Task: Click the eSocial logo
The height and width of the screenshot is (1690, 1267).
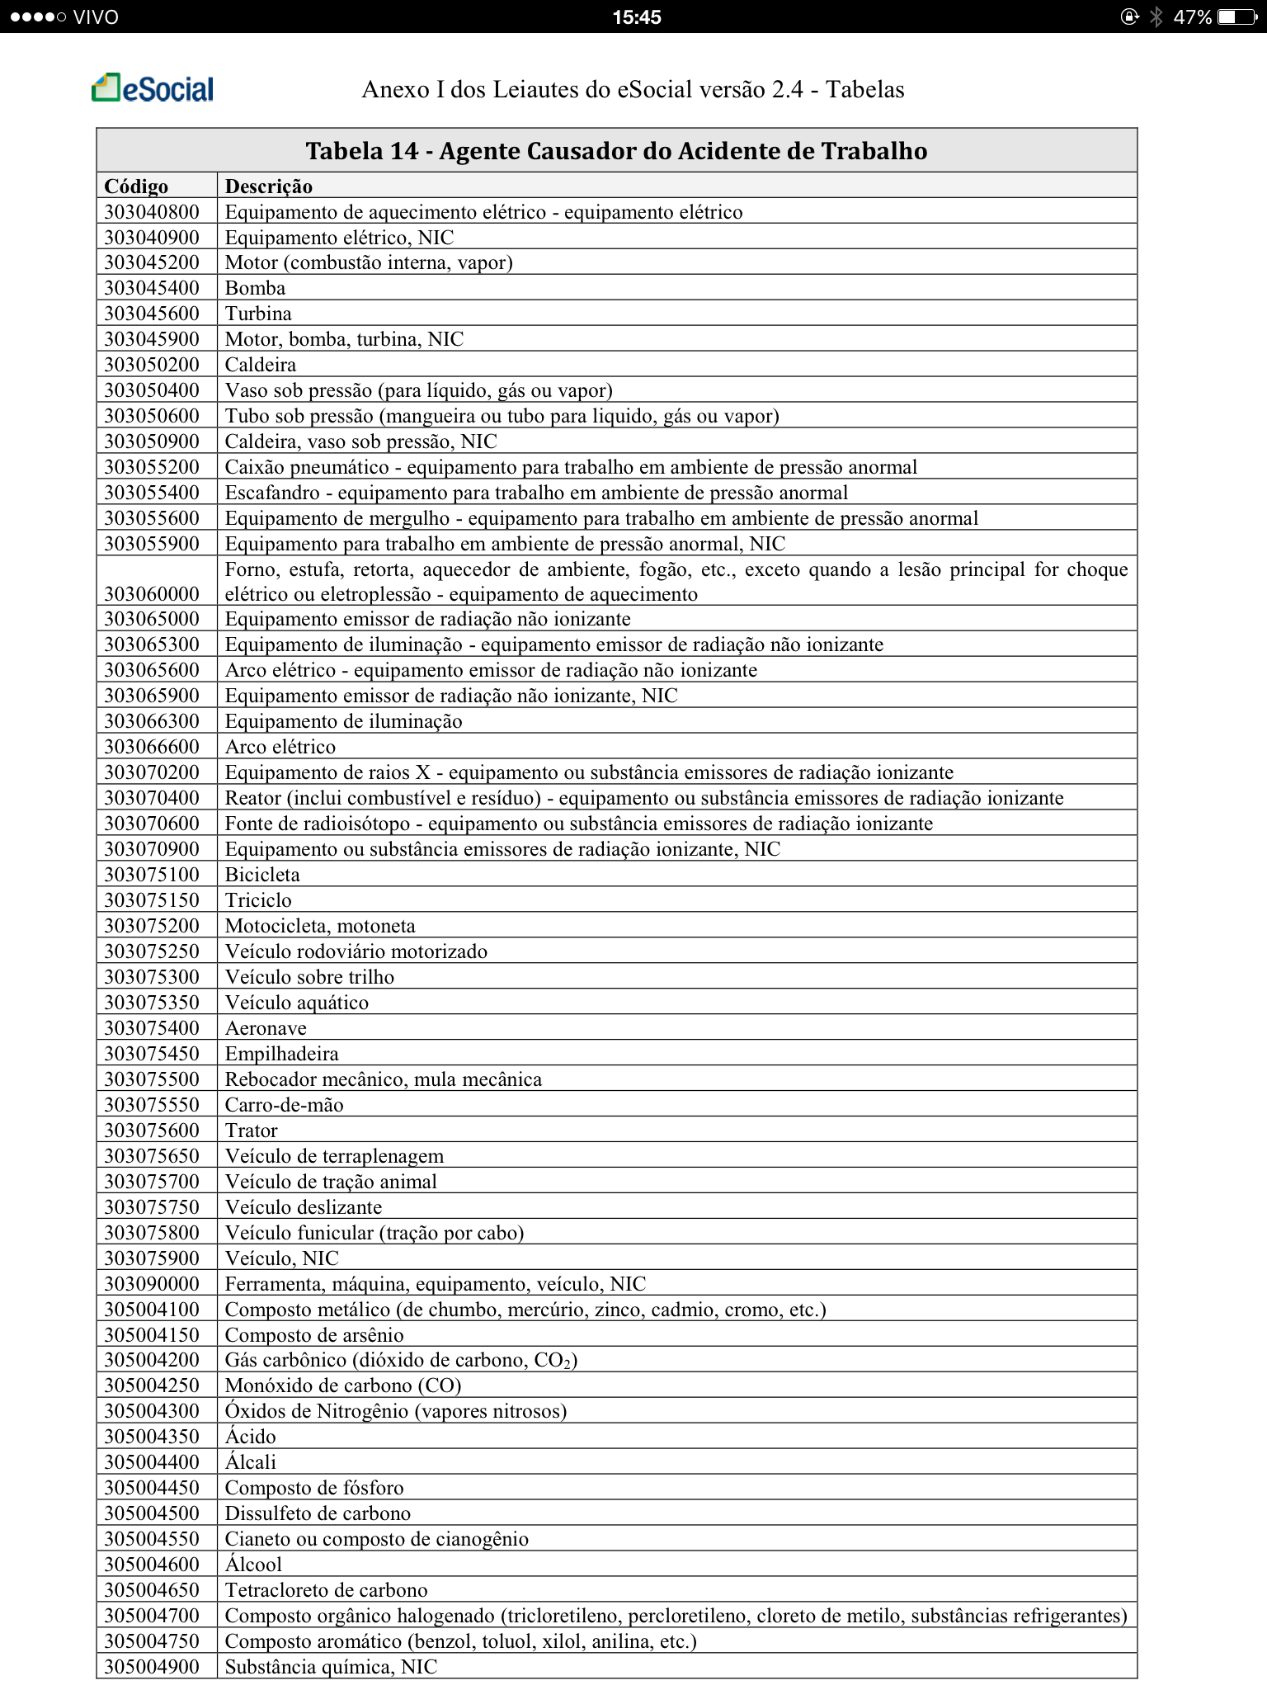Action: pos(153,88)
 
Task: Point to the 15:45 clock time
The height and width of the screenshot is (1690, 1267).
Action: pos(636,17)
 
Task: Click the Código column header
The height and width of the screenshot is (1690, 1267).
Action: pos(136,186)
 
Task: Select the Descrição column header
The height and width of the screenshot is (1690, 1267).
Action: pos(269,186)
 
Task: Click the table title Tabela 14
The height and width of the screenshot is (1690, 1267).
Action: pos(616,151)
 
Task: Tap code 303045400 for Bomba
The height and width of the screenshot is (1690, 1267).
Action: pos(152,288)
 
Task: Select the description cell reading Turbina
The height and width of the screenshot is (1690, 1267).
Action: pos(258,314)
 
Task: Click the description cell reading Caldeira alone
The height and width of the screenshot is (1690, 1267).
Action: pos(261,365)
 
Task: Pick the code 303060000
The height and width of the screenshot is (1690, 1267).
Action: pos(152,594)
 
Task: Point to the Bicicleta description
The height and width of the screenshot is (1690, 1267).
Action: pos(262,875)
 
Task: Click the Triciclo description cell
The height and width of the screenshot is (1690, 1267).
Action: pos(258,900)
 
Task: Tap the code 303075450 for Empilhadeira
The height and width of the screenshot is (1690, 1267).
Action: pos(152,1054)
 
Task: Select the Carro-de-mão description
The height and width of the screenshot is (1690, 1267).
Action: pos(284,1105)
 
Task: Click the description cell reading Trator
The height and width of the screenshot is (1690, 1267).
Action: pos(252,1131)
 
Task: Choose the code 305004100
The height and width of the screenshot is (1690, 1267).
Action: pos(152,1310)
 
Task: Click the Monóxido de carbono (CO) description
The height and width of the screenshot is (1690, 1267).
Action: pos(343,1386)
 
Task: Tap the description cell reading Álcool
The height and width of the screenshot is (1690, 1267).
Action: pos(253,1565)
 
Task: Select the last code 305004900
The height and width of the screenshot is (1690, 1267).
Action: pos(152,1667)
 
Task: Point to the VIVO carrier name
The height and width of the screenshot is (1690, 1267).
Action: pos(96,17)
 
